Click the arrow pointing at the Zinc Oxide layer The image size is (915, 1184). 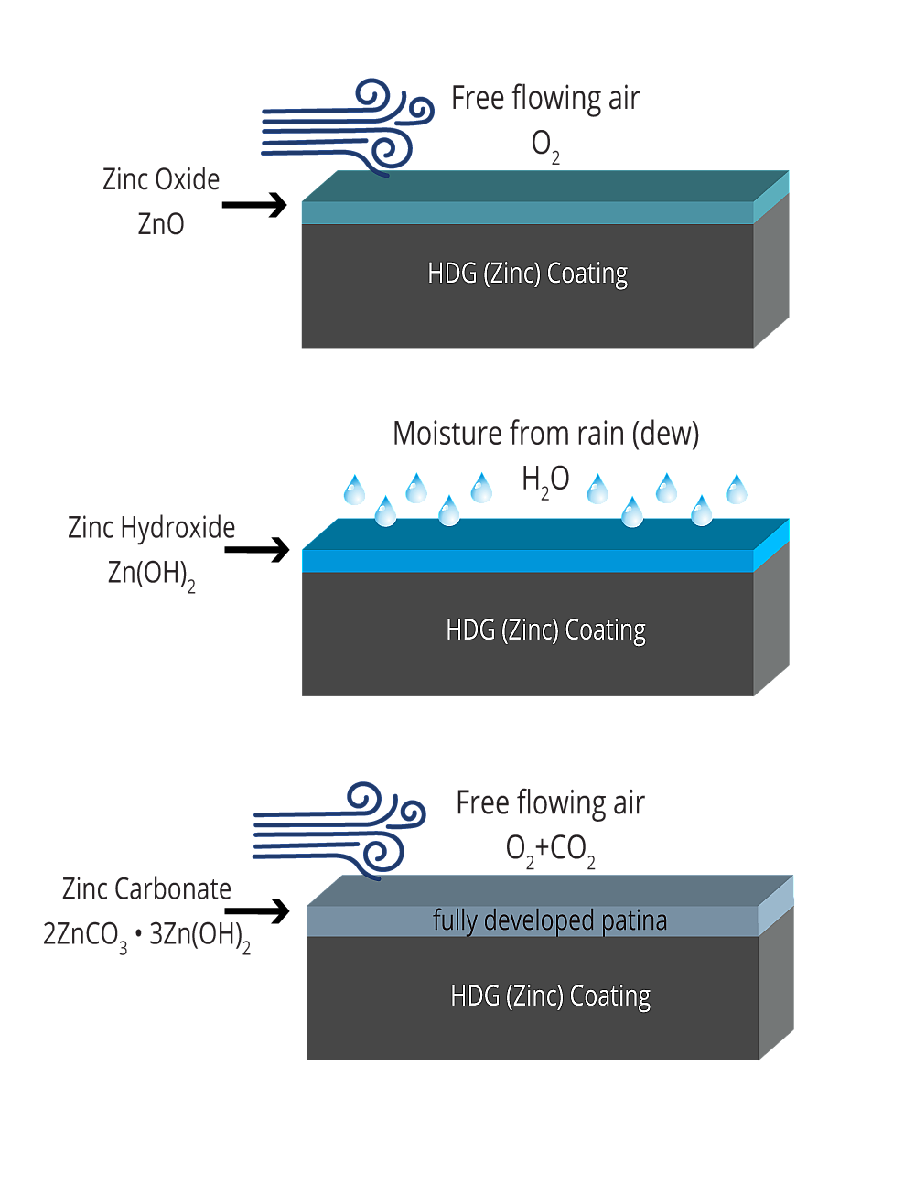pyautogui.click(x=254, y=205)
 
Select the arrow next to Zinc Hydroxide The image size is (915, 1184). pyautogui.click(x=256, y=549)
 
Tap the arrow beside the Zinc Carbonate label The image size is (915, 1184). pyautogui.click(x=256, y=911)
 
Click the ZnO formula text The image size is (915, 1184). pyautogui.click(x=161, y=224)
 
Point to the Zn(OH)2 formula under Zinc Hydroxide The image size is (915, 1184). pyautogui.click(x=151, y=575)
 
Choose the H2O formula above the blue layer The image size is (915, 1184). pyautogui.click(x=545, y=481)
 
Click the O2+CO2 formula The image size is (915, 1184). pyautogui.click(x=550, y=851)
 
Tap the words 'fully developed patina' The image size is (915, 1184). pyautogui.click(x=550, y=920)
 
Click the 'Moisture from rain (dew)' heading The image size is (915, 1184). pyautogui.click(x=545, y=435)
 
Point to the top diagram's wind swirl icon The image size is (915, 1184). pyautogui.click(x=348, y=128)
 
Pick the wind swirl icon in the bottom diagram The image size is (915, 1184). pyautogui.click(x=339, y=832)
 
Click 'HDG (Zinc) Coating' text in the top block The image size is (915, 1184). pyautogui.click(x=527, y=274)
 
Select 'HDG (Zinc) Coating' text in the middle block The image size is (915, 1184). pyautogui.click(x=545, y=630)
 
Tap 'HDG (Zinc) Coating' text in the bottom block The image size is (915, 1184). pyautogui.click(x=550, y=996)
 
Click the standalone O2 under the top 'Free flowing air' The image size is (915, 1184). pyautogui.click(x=545, y=147)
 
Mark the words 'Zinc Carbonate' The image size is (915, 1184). pyautogui.click(x=146, y=889)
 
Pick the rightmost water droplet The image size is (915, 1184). pyautogui.click(x=737, y=489)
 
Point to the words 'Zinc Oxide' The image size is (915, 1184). pyautogui.click(x=161, y=179)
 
